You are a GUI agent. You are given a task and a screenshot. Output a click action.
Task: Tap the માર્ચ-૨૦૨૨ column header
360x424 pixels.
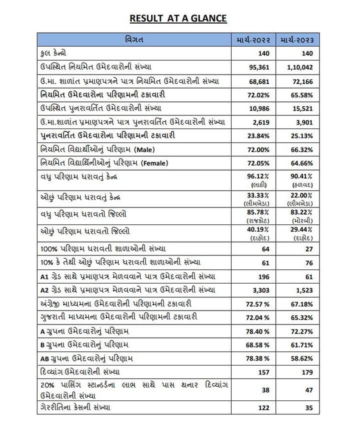pos(257,39)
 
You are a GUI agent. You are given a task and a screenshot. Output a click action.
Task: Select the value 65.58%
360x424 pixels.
pos(302,94)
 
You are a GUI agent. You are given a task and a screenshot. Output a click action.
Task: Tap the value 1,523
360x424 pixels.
pos(304,290)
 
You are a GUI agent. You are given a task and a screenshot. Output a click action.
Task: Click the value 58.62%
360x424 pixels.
pos(302,358)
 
